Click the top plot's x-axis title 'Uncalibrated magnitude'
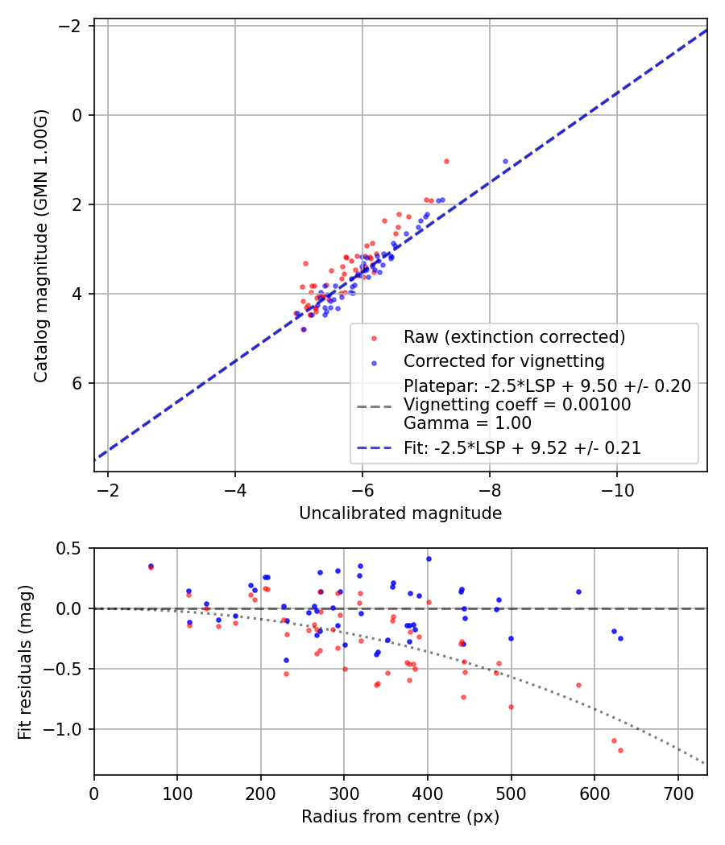(x=400, y=513)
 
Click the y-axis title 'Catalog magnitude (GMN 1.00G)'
(x=42, y=245)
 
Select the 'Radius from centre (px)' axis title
(x=400, y=817)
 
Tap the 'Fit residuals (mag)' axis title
(x=25, y=661)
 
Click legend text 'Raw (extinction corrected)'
(x=515, y=337)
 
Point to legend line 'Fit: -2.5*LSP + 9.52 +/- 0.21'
(x=522, y=448)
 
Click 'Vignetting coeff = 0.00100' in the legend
(x=517, y=405)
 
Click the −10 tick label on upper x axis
(x=617, y=489)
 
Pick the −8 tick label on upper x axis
(x=490, y=489)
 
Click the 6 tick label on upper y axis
(x=78, y=383)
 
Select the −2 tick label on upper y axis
(x=72, y=26)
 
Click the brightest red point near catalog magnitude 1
(x=446, y=161)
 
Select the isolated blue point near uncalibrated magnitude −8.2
(x=506, y=161)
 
